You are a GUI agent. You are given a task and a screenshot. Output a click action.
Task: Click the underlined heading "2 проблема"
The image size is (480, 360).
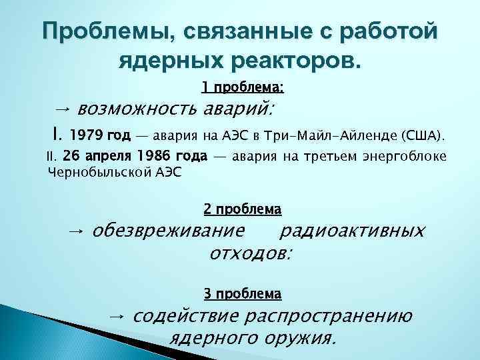(242, 209)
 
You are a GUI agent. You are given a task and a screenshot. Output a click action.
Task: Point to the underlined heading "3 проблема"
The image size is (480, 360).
(242, 293)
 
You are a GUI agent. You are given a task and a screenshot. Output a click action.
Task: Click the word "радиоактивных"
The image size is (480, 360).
(352, 231)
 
